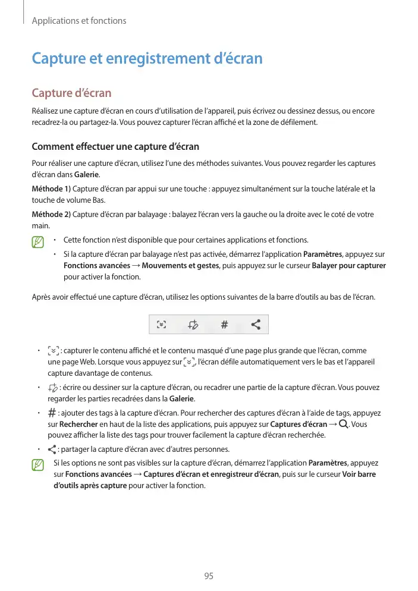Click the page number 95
[209, 576]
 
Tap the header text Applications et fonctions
[79, 21]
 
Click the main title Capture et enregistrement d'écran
[146, 59]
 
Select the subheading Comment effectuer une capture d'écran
[115, 147]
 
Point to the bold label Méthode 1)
[51, 189]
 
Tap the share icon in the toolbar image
[256, 325]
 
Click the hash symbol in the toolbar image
[224, 325]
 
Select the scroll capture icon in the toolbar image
[161, 325]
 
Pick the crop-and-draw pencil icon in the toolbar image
[192, 325]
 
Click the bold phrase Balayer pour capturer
[348, 265]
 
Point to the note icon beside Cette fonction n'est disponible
[39, 241]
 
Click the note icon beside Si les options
[39, 464]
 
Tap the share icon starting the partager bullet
[52, 449]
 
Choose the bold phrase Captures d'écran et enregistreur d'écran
[211, 474]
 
